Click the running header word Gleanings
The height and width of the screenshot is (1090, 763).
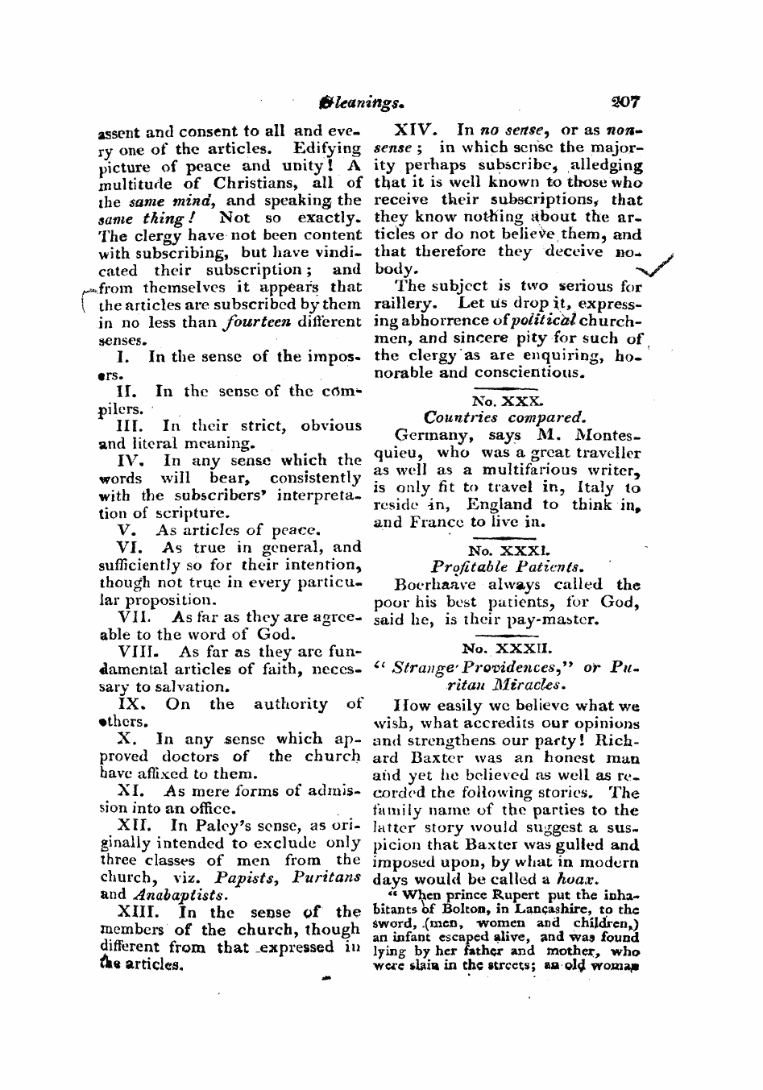point(346,103)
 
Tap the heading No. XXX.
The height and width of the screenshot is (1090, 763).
point(508,399)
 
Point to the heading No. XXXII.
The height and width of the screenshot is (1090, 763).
point(508,647)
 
